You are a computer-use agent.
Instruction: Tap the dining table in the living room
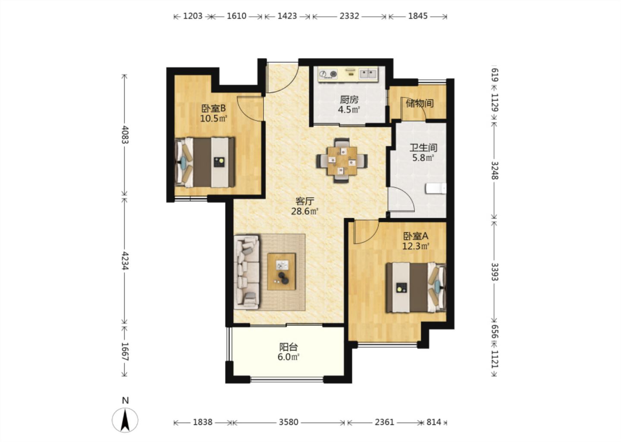(x=342, y=161)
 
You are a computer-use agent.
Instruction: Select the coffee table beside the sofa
(x=281, y=272)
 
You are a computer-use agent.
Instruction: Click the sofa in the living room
(x=247, y=272)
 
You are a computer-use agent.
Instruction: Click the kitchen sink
(x=368, y=74)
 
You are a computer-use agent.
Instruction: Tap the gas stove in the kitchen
(x=328, y=74)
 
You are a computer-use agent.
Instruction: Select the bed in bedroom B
(x=204, y=162)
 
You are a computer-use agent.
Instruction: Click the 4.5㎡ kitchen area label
(x=349, y=110)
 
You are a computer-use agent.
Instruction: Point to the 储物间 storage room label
(x=420, y=103)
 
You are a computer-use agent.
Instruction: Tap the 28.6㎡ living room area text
(x=304, y=212)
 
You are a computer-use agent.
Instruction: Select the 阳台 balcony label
(x=289, y=347)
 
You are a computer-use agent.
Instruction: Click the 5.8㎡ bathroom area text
(x=423, y=158)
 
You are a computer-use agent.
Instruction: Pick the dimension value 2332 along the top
(x=349, y=16)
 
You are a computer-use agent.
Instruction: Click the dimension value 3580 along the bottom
(x=289, y=422)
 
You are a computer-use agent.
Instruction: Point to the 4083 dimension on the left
(x=125, y=135)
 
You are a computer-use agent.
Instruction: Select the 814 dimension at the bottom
(x=433, y=422)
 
